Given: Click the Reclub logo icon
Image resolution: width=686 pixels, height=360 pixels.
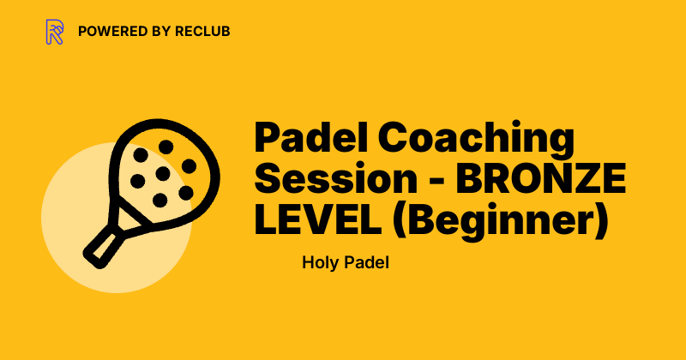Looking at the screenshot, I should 55,32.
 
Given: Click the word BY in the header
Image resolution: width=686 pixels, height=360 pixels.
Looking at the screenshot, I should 159,32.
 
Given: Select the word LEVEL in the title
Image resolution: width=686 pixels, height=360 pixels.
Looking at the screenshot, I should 304,222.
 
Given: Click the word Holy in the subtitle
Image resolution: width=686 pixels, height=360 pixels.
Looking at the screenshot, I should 319,262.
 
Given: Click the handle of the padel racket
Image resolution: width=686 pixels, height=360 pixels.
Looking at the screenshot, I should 102,243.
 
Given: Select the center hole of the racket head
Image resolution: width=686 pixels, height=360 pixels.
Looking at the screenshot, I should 162,173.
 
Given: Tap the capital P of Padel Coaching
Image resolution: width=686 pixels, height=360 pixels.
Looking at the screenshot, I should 269,140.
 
